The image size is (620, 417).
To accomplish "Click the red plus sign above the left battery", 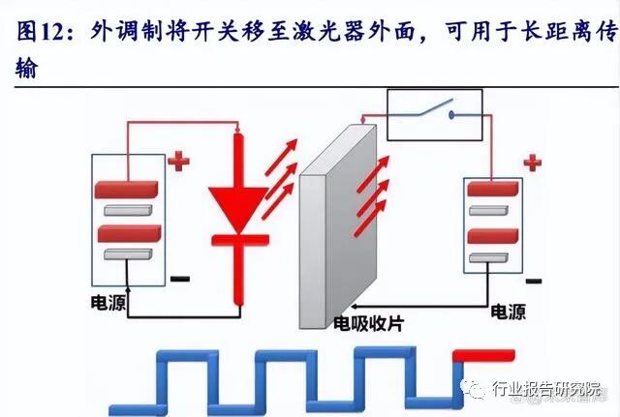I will click(178, 160).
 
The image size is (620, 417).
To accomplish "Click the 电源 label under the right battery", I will click(509, 312).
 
